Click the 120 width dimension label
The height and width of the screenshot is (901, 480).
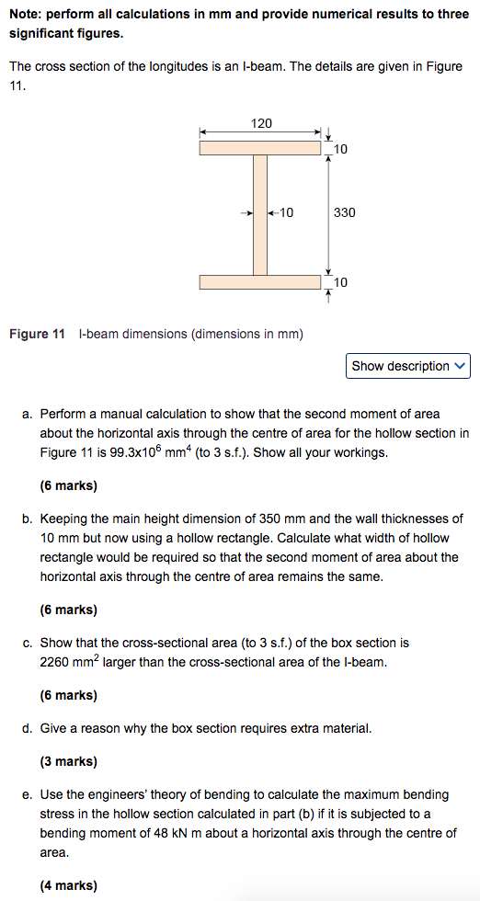(x=261, y=123)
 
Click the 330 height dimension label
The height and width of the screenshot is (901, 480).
(x=344, y=212)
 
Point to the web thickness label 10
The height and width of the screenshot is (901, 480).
(x=286, y=212)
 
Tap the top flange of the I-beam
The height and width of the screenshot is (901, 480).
(x=260, y=147)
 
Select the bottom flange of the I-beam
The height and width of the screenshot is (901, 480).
(x=260, y=281)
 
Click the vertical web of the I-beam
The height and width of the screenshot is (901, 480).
(x=260, y=214)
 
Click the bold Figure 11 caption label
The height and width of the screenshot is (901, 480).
(x=37, y=334)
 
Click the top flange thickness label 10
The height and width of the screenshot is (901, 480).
(x=341, y=149)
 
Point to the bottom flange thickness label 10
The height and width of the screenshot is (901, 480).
(x=341, y=283)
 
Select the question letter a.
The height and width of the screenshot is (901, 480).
(x=26, y=415)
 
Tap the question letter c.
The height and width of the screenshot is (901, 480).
(x=26, y=643)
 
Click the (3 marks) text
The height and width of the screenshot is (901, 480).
(x=68, y=761)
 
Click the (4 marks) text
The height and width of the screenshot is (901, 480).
(x=68, y=885)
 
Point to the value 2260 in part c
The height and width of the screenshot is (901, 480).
(x=55, y=662)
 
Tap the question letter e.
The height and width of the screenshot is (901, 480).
(x=26, y=794)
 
